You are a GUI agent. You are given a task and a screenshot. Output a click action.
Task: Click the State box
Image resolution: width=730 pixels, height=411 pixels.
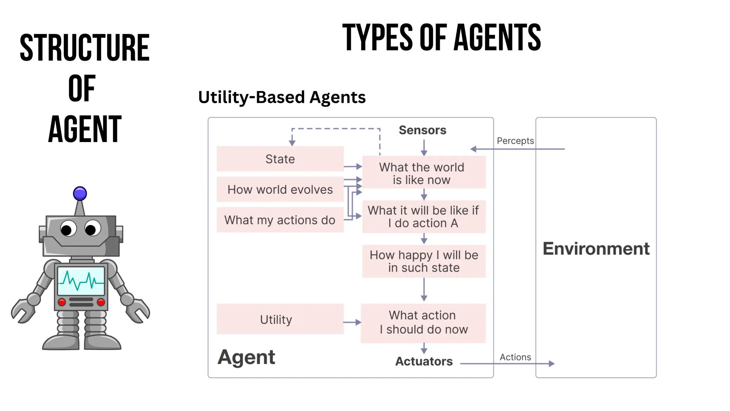pyautogui.click(x=280, y=159)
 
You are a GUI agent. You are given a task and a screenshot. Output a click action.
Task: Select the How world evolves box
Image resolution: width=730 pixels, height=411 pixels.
pyautogui.click(x=280, y=189)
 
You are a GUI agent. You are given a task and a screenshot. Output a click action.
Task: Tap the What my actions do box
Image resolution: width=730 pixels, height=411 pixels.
pyautogui.click(x=280, y=220)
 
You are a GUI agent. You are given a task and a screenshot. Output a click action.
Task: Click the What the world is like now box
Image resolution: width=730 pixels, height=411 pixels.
pyautogui.click(x=423, y=173)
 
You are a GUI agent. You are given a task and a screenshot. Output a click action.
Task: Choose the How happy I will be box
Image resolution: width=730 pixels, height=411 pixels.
pyautogui.click(x=423, y=261)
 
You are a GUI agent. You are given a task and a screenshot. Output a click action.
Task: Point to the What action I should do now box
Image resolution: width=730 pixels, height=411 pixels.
pyautogui.click(x=423, y=323)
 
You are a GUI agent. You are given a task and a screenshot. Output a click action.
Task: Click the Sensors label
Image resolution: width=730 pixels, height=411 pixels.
pyautogui.click(x=422, y=130)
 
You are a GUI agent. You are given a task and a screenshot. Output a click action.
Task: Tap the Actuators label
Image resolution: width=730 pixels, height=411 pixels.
pyautogui.click(x=424, y=361)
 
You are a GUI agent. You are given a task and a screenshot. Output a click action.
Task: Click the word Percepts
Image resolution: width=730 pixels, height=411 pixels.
pyautogui.click(x=515, y=141)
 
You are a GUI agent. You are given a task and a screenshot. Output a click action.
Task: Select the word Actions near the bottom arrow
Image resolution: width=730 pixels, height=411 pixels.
pyautogui.click(x=515, y=357)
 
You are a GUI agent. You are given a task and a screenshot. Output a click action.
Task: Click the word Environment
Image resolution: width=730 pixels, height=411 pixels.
pyautogui.click(x=596, y=249)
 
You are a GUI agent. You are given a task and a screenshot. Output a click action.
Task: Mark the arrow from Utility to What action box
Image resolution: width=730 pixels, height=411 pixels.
pyautogui.click(x=352, y=323)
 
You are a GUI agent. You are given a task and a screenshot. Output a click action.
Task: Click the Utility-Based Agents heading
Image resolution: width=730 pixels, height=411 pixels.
pyautogui.click(x=282, y=97)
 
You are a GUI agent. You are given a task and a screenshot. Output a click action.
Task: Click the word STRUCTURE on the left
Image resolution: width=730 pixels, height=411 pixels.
pyautogui.click(x=84, y=48)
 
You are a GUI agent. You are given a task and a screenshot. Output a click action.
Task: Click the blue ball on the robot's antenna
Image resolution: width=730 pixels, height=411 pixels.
pyautogui.click(x=80, y=194)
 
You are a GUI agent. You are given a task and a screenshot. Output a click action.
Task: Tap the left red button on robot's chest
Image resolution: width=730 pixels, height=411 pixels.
pyautogui.click(x=62, y=303)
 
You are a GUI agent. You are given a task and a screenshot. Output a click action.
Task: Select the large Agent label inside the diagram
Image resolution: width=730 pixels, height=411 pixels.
pyautogui.click(x=246, y=357)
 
